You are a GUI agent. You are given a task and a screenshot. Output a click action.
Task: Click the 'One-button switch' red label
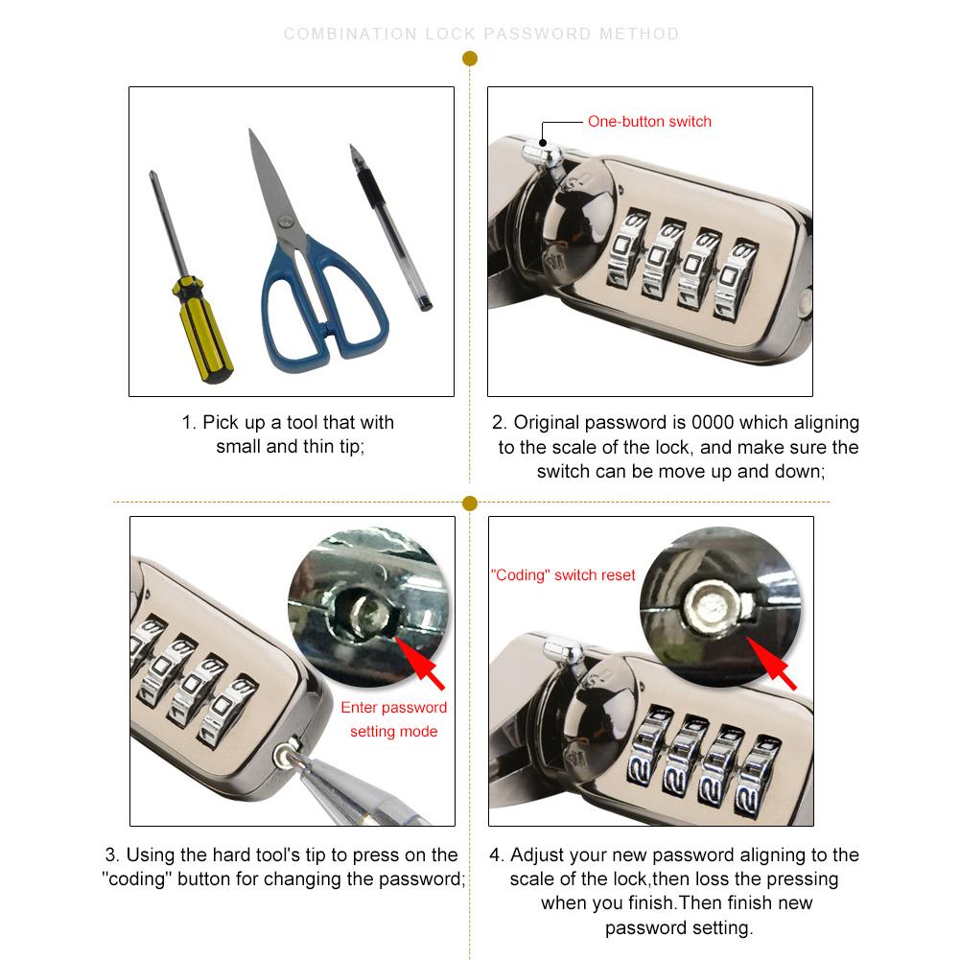click(649, 122)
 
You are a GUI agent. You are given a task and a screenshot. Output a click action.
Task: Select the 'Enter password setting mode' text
click(393, 719)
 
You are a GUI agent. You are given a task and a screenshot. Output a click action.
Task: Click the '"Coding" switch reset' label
click(563, 575)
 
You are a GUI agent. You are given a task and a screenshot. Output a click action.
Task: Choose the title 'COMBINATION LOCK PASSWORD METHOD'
click(481, 35)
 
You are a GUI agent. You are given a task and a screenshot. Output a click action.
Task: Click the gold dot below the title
click(470, 59)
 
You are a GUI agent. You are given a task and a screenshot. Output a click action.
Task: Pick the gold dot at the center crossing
click(470, 503)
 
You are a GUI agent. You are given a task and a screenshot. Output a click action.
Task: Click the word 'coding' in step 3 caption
click(139, 879)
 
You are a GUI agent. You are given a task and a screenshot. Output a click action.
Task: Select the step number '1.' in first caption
click(189, 423)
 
